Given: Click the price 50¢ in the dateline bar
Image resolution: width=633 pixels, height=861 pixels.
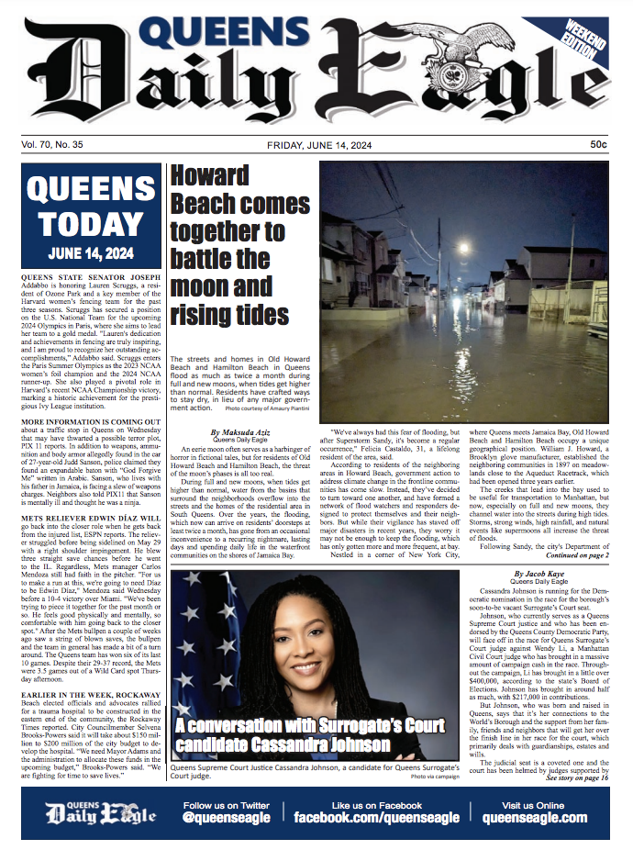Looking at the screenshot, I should click(597, 144).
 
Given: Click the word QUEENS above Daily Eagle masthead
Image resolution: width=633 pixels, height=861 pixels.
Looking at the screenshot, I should click(227, 33).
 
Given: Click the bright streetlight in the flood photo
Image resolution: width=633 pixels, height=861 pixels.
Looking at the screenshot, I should click(463, 248).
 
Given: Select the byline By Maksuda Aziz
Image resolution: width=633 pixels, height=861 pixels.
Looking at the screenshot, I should click(240, 431).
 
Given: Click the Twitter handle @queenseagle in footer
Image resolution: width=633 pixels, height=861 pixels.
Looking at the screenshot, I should click(227, 817).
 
